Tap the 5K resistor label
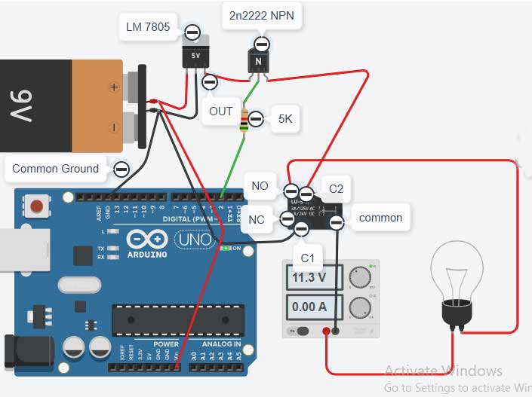pos(285,119)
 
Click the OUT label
pos(221,111)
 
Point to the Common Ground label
pos(55,169)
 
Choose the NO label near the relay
pos(260,185)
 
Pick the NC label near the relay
pos(257,221)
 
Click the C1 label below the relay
pos(307,258)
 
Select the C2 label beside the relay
pos(337,188)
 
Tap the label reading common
pos(380,218)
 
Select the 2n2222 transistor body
pos(258,62)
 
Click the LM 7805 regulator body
pos(195,56)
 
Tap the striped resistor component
pos(244,120)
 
